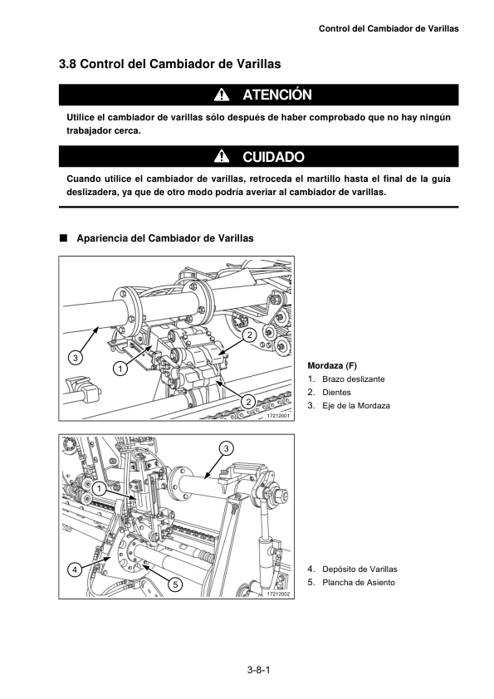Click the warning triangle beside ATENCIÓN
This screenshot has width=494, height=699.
tap(222, 95)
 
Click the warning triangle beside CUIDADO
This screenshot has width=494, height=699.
tap(222, 156)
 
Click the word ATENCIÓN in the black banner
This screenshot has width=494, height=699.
tap(277, 95)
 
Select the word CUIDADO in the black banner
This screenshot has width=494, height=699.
tap(273, 157)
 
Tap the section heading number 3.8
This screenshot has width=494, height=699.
tap(67, 64)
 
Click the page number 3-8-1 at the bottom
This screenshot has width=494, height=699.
tap(259, 670)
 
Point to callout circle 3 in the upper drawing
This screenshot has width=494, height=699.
tap(76, 358)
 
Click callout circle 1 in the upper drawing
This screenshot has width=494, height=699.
tap(120, 369)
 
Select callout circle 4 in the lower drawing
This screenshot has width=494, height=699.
tap(75, 569)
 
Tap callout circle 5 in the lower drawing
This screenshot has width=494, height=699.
tap(175, 584)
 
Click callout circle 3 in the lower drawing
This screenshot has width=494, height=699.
tap(227, 448)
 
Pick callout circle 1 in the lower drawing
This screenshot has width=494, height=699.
tap(99, 489)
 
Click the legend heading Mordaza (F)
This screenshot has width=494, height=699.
tap(332, 365)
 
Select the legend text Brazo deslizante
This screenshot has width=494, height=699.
tap(354, 379)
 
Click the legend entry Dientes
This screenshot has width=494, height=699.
tap(336, 393)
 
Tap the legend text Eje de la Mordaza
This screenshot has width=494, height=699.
tap(356, 406)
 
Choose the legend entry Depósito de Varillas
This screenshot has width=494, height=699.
tap(359, 569)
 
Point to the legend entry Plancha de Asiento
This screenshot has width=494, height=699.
tap(359, 582)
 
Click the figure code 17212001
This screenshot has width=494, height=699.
tap(278, 416)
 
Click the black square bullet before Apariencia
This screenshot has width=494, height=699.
tap(63, 237)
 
